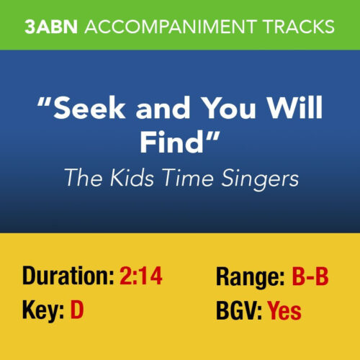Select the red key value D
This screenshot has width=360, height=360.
click(x=77, y=311)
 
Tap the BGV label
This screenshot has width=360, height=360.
click(x=238, y=311)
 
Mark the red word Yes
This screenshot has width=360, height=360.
click(x=284, y=311)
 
